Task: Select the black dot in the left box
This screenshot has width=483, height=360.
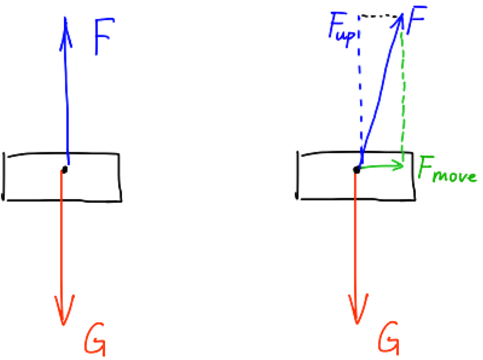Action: tap(64, 170)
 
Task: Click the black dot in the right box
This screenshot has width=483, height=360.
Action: tap(357, 170)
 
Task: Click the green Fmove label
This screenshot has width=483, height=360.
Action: tap(447, 171)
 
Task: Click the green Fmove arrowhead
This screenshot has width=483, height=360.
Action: tap(400, 165)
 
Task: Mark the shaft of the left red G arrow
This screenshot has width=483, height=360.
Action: tap(62, 242)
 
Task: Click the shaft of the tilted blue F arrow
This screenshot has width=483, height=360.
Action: tap(380, 92)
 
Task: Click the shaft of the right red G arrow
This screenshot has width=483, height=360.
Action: tap(356, 242)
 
